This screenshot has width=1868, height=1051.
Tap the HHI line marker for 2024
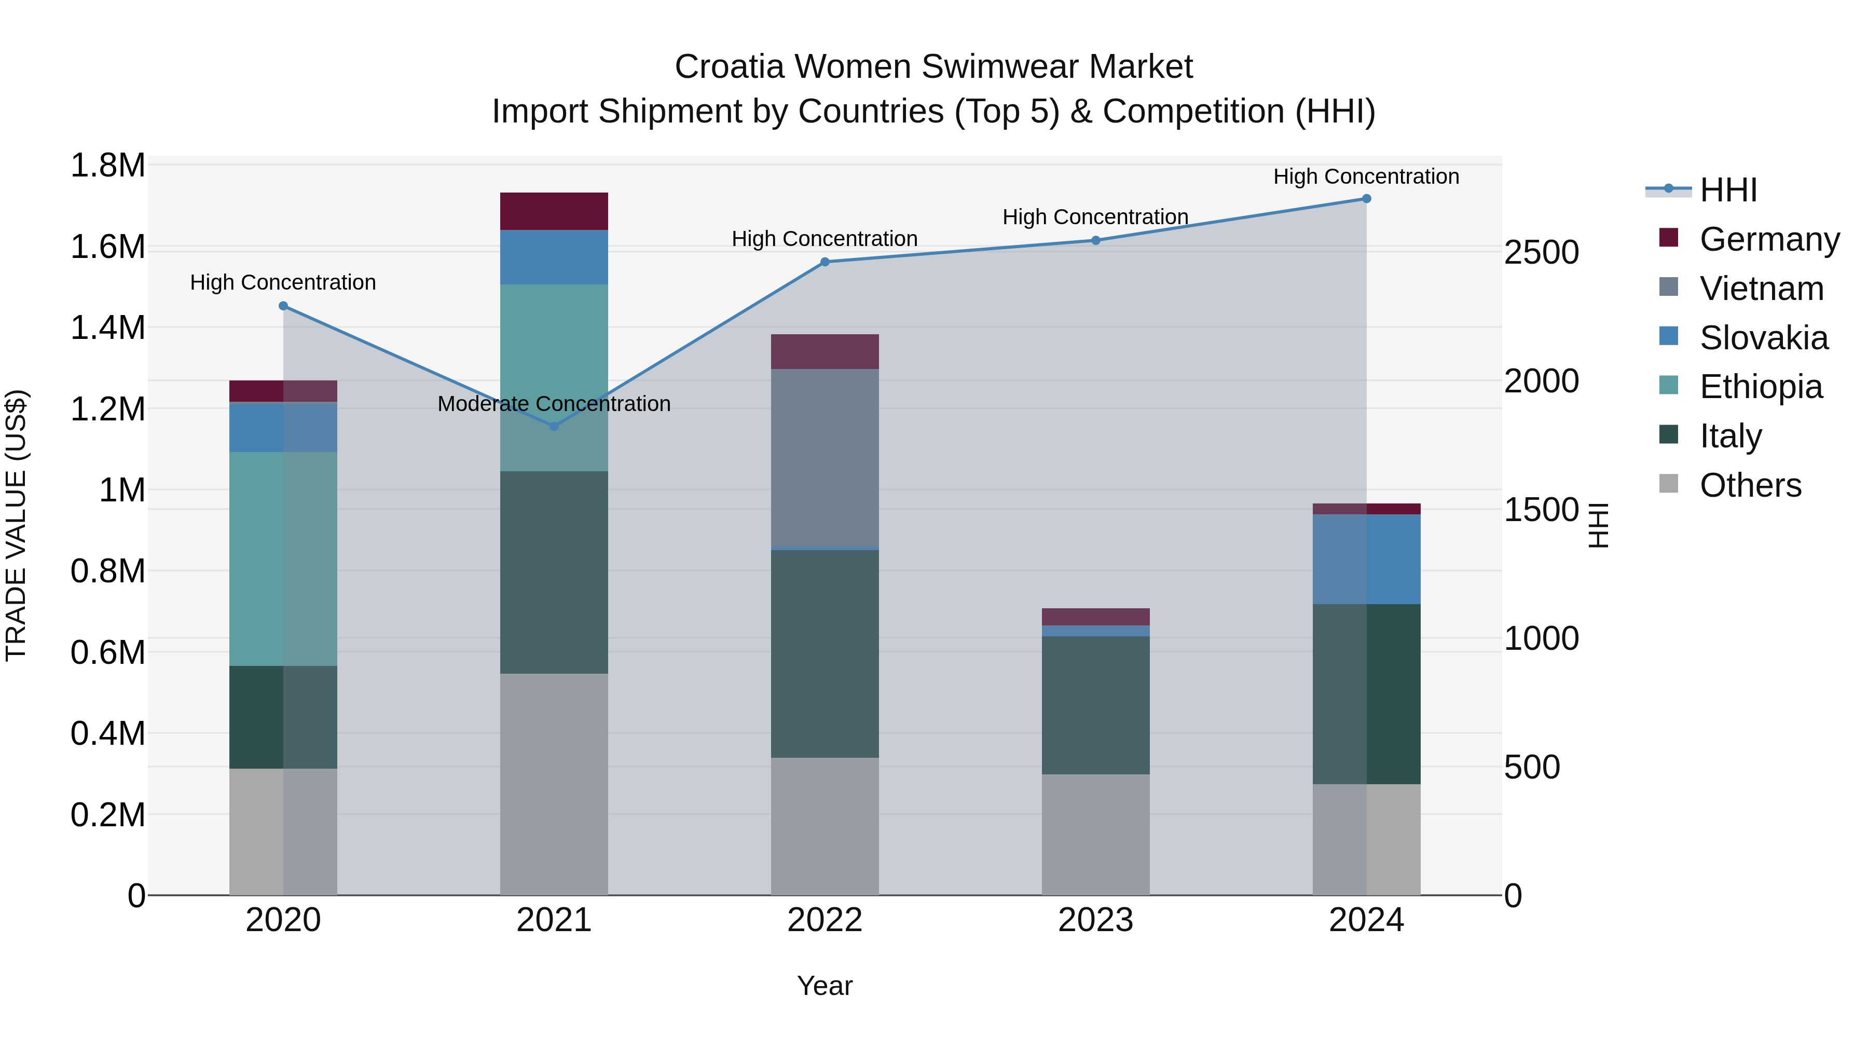click(x=1366, y=199)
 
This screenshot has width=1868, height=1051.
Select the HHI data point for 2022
click(x=825, y=262)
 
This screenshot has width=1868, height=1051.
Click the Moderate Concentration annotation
click(x=554, y=404)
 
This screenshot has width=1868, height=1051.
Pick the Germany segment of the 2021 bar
click(x=554, y=211)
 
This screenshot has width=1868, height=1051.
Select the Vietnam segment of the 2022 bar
click(x=825, y=457)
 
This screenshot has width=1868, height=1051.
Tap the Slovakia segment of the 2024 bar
click(x=1366, y=558)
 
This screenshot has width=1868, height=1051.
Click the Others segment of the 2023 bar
click(x=1096, y=834)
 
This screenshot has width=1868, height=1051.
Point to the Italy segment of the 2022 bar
click(x=825, y=653)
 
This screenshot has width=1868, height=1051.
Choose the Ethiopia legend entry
click(x=1760, y=387)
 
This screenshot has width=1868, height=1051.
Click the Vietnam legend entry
click(x=1761, y=289)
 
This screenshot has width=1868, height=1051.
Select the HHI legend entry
click(x=1727, y=190)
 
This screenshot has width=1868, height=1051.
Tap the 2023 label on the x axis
click(x=1096, y=920)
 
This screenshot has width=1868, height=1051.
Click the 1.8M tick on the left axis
click(x=107, y=166)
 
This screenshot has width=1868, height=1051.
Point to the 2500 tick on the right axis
click(x=1541, y=252)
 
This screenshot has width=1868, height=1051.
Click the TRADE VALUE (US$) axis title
click(x=16, y=526)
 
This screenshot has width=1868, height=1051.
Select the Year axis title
click(x=825, y=986)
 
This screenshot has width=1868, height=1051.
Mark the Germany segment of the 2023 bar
click(x=1096, y=617)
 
